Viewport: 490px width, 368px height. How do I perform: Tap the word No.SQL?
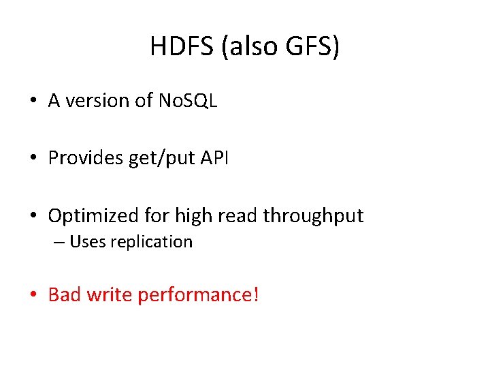pyautogui.click(x=187, y=101)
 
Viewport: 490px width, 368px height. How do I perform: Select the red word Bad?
pyautogui.click(x=64, y=295)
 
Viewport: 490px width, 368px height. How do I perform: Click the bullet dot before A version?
pyautogui.click(x=33, y=102)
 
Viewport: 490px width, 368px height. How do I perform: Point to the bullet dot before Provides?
pyautogui.click(x=33, y=159)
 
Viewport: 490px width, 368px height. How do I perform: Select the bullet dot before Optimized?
pyautogui.click(x=33, y=217)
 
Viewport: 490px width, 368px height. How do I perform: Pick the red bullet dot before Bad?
pyautogui.click(x=33, y=296)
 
